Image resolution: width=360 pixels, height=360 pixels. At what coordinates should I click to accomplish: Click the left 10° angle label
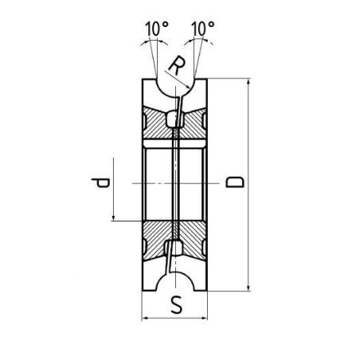tap(157, 29)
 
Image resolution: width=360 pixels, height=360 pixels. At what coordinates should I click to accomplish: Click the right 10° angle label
tap(203, 29)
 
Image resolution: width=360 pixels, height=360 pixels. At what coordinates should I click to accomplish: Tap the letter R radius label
tap(177, 65)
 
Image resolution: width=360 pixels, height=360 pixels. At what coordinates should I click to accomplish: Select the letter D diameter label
tap(235, 182)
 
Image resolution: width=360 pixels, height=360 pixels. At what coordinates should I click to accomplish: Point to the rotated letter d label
tap(100, 182)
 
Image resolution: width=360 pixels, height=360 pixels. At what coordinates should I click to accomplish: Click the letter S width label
tap(177, 305)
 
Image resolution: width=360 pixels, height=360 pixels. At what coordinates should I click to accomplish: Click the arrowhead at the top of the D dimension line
tap(248, 82)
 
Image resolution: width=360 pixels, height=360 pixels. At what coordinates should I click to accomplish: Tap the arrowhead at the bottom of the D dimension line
tap(248, 288)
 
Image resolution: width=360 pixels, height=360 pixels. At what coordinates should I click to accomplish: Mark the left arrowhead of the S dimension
tap(146, 318)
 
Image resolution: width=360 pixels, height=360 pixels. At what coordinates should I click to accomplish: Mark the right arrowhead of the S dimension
tap(204, 318)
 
